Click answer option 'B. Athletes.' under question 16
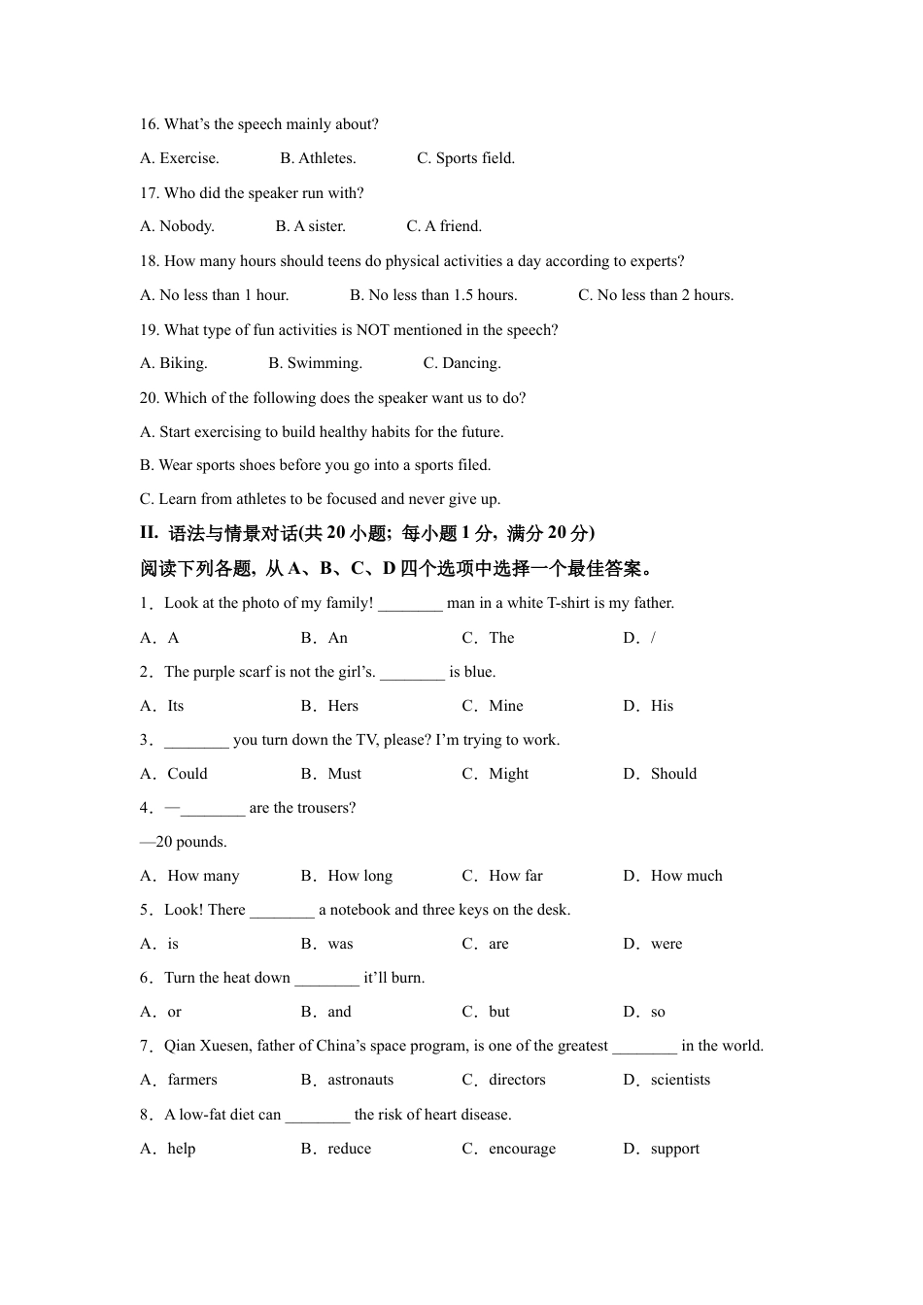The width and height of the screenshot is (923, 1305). [x=318, y=158]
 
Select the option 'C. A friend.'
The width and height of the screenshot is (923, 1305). [x=444, y=226]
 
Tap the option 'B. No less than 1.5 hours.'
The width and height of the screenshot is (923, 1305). [x=433, y=295]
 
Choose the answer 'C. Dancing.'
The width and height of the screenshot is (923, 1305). [x=461, y=363]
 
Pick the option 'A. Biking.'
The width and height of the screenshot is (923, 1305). [x=174, y=363]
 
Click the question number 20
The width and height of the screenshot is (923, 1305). [x=150, y=398]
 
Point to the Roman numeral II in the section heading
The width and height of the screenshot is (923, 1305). [x=149, y=532]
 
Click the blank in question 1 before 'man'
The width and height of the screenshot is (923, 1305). [x=410, y=604]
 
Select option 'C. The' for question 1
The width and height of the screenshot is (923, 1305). [x=489, y=638]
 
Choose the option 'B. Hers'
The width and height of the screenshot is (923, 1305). [x=330, y=706]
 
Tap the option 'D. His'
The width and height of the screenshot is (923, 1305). [x=649, y=706]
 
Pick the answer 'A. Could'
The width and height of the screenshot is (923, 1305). [x=175, y=774]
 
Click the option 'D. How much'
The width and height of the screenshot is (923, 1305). [x=673, y=876]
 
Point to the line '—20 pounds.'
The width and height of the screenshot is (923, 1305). [x=184, y=842]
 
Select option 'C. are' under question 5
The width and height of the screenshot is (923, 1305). [x=486, y=944]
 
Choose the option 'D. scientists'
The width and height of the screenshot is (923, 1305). [x=667, y=1080]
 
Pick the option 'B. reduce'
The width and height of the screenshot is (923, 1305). [x=337, y=1149]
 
